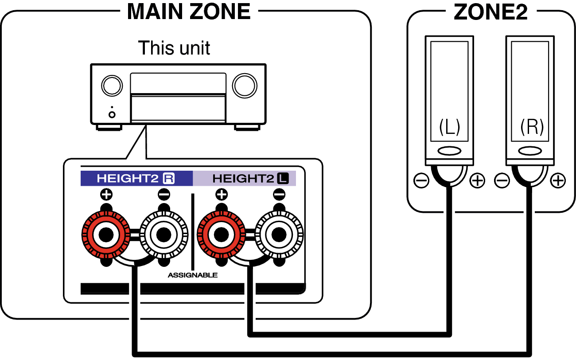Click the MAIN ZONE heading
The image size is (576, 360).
click(189, 12)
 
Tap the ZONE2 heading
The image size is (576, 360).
click(490, 12)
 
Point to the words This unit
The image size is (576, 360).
click(174, 47)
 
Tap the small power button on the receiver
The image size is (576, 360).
click(112, 114)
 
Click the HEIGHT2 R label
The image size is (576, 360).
click(136, 179)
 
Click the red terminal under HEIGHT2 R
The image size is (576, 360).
click(106, 235)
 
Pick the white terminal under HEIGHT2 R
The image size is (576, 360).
click(163, 235)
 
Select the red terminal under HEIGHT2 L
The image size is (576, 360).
click(221, 235)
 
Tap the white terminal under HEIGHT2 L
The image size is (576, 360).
click(279, 235)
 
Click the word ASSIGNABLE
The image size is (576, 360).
click(193, 275)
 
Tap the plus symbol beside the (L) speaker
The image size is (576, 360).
click(477, 180)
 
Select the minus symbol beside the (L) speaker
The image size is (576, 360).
click(421, 180)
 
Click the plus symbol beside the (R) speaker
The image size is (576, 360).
click(558, 180)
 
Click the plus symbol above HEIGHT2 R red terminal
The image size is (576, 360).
click(106, 194)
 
